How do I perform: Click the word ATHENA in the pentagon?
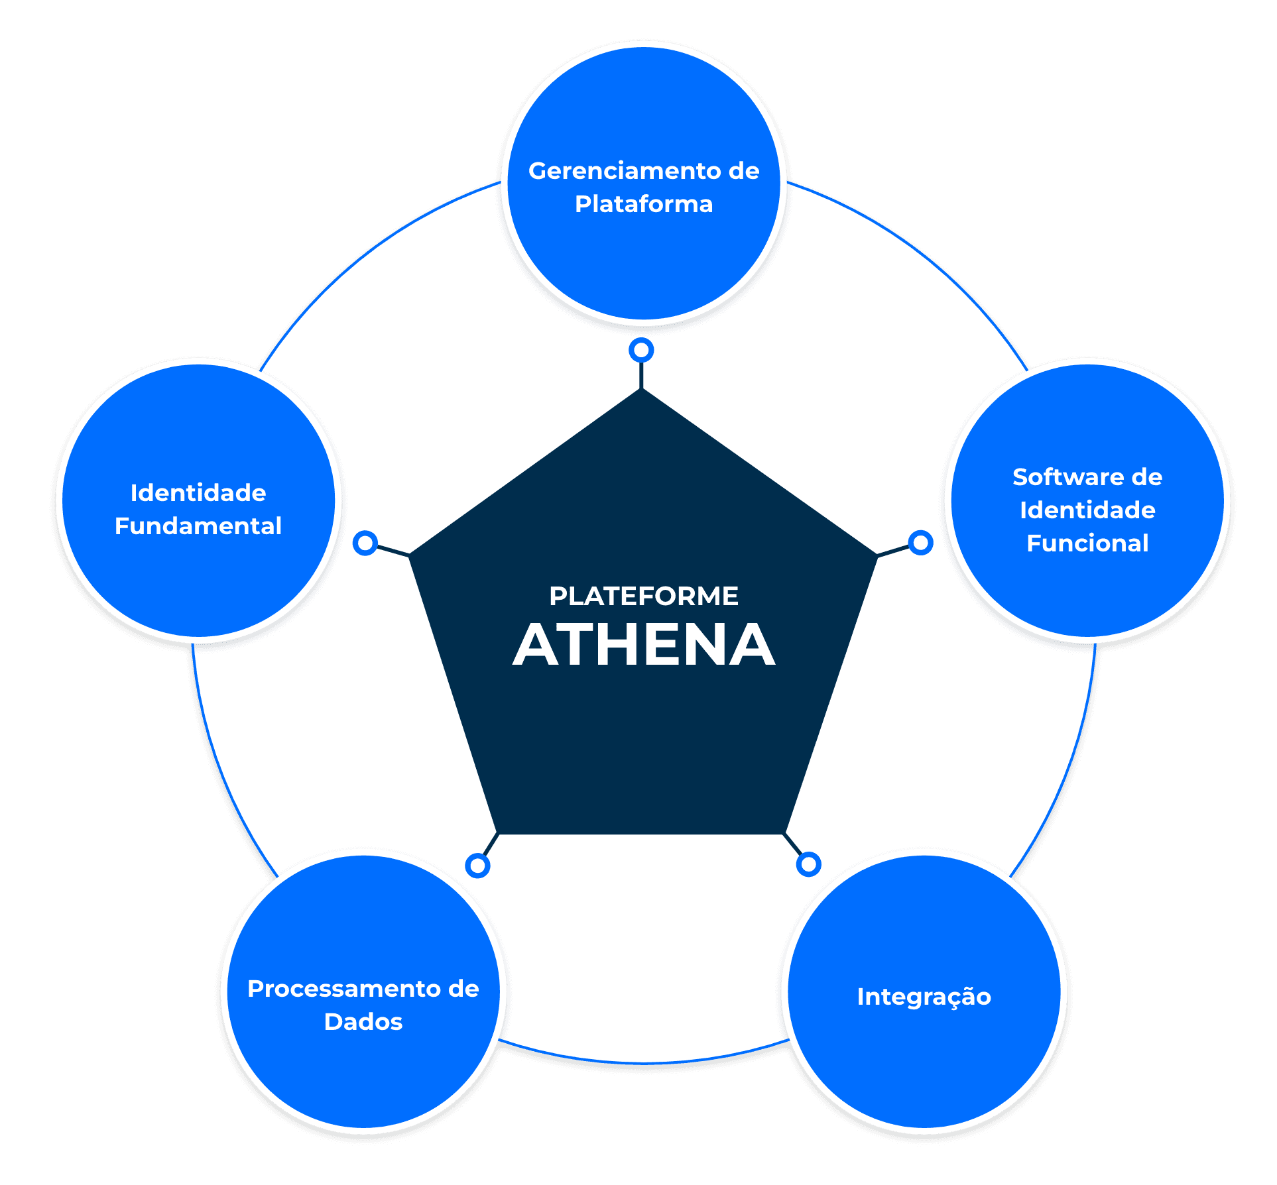[x=644, y=644]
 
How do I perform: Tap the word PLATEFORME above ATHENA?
[x=644, y=596]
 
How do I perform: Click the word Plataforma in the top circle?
[x=644, y=204]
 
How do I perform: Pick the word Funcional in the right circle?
[x=1087, y=543]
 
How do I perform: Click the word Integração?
[x=924, y=997]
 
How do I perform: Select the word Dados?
[x=363, y=1022]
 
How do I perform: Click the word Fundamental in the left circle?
[x=198, y=526]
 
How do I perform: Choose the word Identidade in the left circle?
[x=198, y=493]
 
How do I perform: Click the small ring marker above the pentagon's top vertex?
[x=641, y=350]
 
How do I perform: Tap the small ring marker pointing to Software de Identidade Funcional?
[x=920, y=543]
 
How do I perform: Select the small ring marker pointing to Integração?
[x=808, y=864]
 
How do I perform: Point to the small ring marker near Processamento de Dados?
[x=477, y=866]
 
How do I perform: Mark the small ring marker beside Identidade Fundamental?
[x=365, y=543]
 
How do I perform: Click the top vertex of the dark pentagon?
[x=642, y=388]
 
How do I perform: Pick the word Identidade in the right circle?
[x=1087, y=510]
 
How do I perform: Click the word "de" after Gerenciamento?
[x=744, y=171]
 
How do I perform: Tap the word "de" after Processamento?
[x=463, y=989]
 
